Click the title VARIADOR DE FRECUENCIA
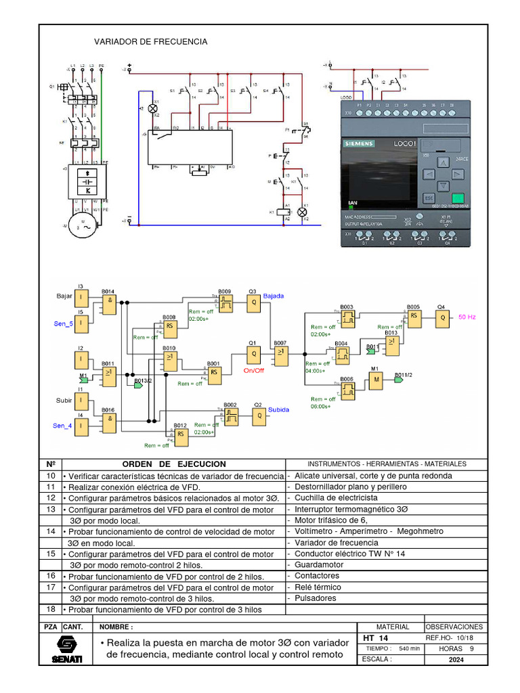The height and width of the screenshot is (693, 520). click(x=150, y=42)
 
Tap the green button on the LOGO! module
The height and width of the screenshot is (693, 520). click(x=458, y=198)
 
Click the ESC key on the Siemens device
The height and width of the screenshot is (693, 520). click(x=428, y=198)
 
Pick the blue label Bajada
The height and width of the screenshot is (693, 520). click(x=274, y=296)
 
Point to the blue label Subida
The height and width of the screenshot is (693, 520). click(x=278, y=409)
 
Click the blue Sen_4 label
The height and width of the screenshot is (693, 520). click(x=63, y=426)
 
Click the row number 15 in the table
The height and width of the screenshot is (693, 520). click(x=50, y=554)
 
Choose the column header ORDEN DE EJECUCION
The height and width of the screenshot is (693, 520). click(x=174, y=464)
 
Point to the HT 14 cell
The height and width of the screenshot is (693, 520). click(x=376, y=638)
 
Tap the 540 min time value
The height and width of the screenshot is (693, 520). click(x=410, y=649)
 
